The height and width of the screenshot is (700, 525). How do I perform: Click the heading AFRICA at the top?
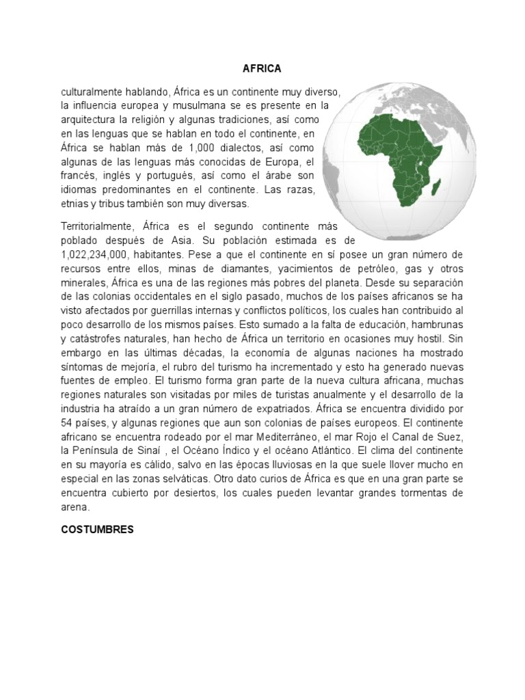click(262, 68)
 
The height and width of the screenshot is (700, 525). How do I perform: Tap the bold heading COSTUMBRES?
click(98, 529)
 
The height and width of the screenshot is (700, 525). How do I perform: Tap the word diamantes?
click(213, 269)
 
